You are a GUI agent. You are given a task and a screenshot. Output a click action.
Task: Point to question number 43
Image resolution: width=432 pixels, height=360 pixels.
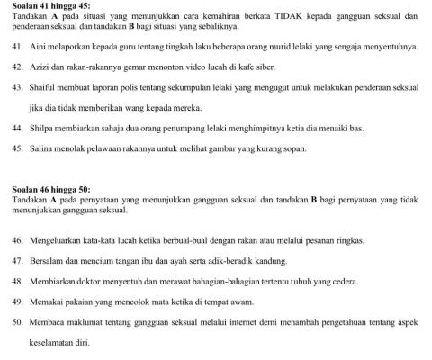point(18,88)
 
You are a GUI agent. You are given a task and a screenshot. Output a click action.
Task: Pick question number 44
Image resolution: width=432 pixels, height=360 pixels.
point(18,130)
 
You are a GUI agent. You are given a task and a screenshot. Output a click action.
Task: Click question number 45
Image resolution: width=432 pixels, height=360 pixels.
point(18,150)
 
